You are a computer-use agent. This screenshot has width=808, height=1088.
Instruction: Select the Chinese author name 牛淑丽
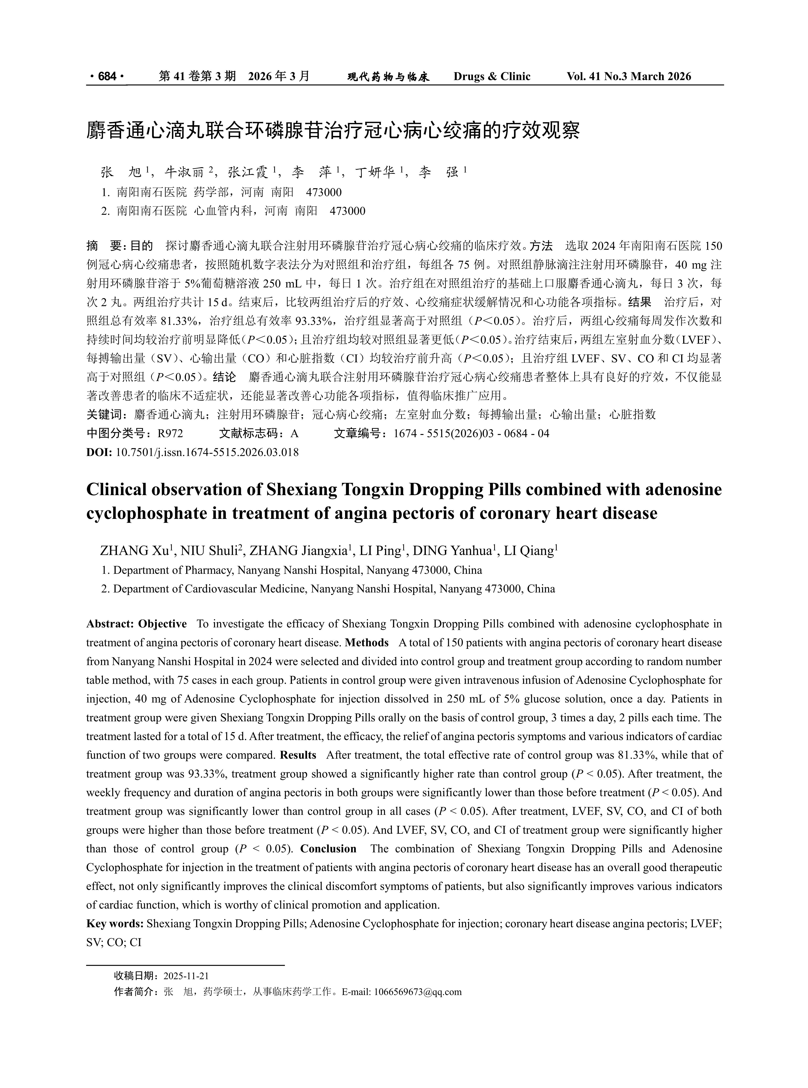coord(184,172)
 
